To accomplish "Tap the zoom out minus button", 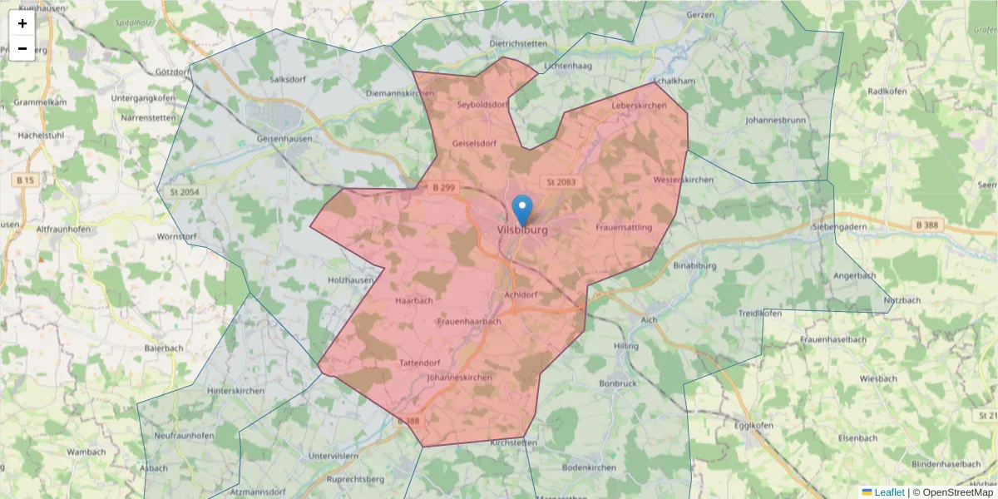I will (22, 48).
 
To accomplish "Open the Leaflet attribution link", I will (888, 492).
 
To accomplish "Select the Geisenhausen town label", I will (284, 139).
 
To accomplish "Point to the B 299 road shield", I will (443, 188).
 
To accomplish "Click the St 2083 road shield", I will (561, 181).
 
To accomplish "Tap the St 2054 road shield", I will (185, 192).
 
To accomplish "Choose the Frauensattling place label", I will (624, 227).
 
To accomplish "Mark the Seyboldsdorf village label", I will (483, 105).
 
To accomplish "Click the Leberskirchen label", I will (639, 106).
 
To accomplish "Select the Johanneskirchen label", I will (458, 378).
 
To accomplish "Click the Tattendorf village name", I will (419, 363).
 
